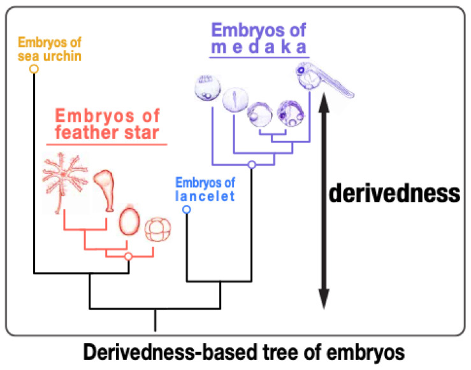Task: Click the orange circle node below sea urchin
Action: click(x=34, y=69)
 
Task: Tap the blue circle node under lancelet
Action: click(x=187, y=210)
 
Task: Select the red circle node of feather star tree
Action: click(x=129, y=256)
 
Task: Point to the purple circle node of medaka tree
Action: click(x=252, y=164)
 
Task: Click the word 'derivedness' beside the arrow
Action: click(x=395, y=194)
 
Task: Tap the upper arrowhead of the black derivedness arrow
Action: click(x=324, y=102)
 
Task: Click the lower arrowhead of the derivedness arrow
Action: click(x=324, y=299)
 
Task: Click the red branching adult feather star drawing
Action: click(x=64, y=181)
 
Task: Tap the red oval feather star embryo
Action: click(x=129, y=222)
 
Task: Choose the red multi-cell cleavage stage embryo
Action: click(x=157, y=229)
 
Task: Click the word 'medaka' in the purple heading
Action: click(x=259, y=47)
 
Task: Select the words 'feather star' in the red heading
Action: click(x=107, y=132)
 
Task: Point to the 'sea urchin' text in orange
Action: click(x=50, y=56)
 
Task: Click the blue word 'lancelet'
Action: click(x=205, y=196)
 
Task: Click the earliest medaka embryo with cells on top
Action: click(x=207, y=88)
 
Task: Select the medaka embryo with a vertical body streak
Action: click(x=235, y=99)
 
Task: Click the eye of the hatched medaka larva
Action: click(x=301, y=70)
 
